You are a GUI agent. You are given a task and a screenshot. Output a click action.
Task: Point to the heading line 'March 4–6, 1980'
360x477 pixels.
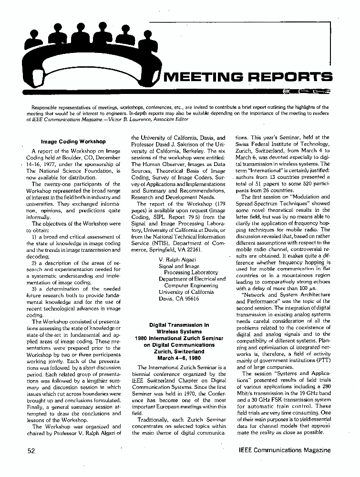(x=179, y=358)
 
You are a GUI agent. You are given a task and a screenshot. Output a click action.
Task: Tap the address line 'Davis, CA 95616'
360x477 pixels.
(x=179, y=299)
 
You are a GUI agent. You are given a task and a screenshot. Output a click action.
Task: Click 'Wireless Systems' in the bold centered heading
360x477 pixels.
(x=179, y=332)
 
